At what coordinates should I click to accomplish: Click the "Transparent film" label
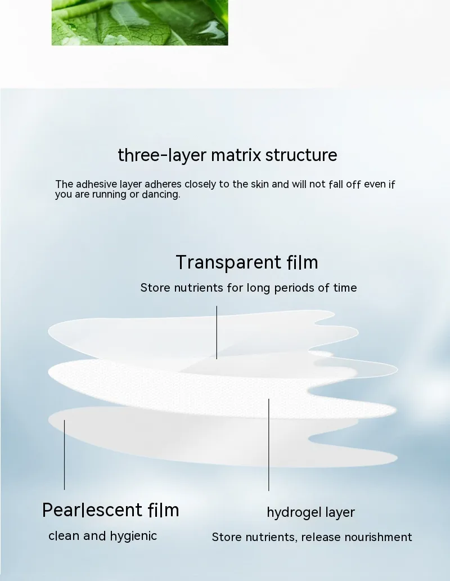246,262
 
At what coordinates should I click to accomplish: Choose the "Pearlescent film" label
111,510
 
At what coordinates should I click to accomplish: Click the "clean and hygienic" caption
102,536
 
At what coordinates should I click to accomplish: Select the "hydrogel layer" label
310,512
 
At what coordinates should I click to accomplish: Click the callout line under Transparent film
217,332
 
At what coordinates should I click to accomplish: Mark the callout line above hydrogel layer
268,445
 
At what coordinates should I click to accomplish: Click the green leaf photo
139,23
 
